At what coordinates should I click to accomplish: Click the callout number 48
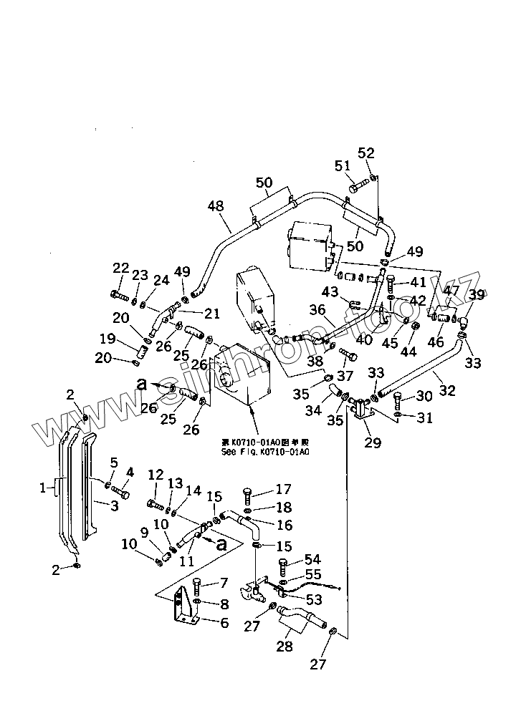coord(216,205)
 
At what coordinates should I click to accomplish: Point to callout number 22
coord(120,268)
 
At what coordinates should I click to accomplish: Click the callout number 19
coord(107,339)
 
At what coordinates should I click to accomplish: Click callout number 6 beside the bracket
coord(224,623)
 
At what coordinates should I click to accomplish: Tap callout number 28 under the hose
coord(285,648)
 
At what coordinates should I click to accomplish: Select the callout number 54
coord(312,559)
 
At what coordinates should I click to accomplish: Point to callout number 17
coord(284,490)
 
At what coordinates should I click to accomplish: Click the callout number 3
coord(114,507)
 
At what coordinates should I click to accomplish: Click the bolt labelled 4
coord(120,493)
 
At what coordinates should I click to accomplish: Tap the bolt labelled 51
coord(358,188)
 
